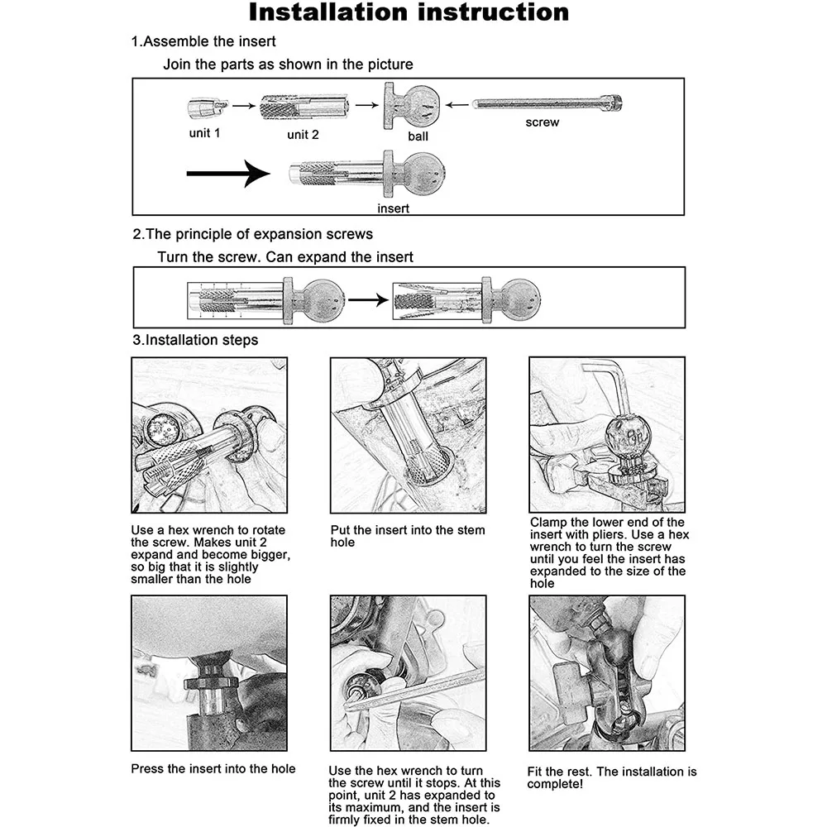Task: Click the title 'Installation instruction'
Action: tap(409, 13)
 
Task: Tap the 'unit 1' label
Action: tap(204, 132)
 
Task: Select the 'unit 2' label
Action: tap(303, 134)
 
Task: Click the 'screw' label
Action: tap(542, 122)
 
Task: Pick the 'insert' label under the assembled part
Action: tap(393, 208)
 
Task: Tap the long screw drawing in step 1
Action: tap(546, 103)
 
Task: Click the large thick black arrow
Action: tap(228, 174)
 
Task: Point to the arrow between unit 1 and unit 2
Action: tap(241, 106)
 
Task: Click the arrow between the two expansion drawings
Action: tap(367, 299)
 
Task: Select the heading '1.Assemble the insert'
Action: tap(203, 41)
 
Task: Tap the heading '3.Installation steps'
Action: tap(195, 340)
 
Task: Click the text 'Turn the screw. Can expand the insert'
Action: tap(285, 257)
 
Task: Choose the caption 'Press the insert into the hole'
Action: tap(213, 768)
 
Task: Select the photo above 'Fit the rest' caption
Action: tap(607, 672)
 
